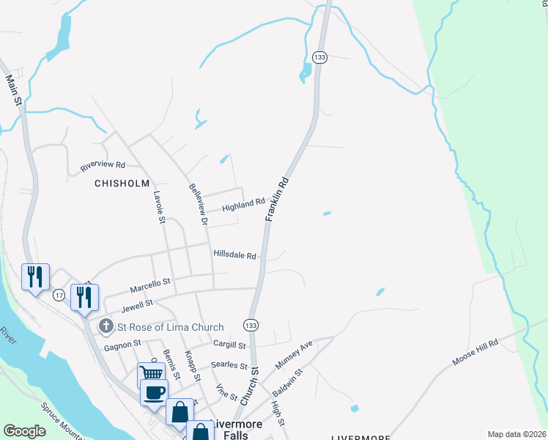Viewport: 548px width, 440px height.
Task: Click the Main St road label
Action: coord(12,89)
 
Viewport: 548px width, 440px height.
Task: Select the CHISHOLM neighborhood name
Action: coord(122,183)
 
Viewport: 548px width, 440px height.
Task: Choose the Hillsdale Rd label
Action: coord(234,256)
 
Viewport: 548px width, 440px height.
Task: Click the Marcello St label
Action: coord(150,282)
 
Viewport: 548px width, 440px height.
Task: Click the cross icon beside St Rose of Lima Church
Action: coord(105,326)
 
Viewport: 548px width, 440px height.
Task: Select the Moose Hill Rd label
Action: coord(475,352)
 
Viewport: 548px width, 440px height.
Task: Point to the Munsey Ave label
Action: coord(294,354)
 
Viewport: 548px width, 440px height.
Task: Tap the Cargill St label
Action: coord(230,345)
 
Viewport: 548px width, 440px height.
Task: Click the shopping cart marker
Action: coord(151,375)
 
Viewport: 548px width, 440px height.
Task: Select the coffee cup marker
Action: coord(154,392)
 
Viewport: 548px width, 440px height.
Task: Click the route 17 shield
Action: coord(59,294)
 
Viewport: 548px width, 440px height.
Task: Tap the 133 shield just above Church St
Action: coord(251,325)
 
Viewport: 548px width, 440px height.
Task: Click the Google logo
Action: coord(25,431)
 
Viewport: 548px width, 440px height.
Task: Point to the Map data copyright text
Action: coord(516,434)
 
